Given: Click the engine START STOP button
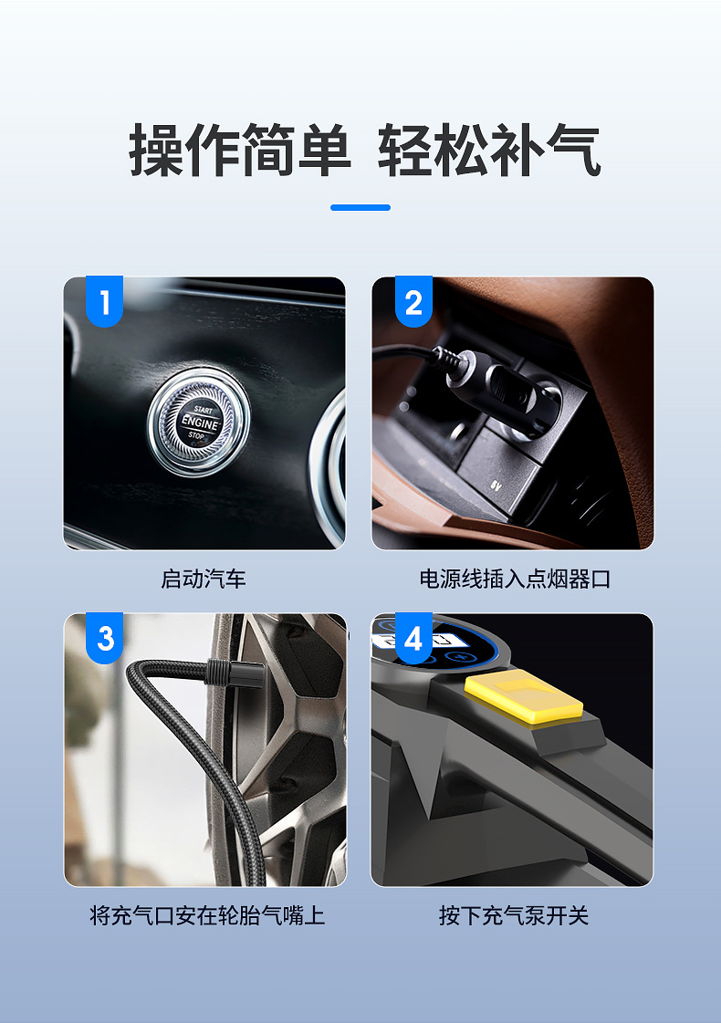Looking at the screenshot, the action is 198,422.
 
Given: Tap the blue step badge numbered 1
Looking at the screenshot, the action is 104,301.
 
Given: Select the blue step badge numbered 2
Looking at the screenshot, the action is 413,301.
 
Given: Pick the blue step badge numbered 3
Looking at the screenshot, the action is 104,638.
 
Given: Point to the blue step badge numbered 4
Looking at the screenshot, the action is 413,638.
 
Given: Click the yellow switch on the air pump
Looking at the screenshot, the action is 523,698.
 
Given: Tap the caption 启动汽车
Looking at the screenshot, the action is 204,579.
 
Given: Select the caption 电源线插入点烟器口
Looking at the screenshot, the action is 514,579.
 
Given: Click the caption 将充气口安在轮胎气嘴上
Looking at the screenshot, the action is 207,915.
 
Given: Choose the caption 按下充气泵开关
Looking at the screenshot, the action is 514,915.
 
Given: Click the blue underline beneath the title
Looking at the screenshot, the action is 360,207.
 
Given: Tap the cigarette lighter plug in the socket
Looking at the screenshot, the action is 502,391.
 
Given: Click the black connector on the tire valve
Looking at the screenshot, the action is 235,673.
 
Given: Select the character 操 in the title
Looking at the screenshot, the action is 157,150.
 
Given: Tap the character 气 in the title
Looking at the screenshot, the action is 573,150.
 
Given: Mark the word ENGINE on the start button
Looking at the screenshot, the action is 200,423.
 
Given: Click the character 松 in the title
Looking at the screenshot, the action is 462,150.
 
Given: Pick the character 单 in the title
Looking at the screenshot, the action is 324,150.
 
